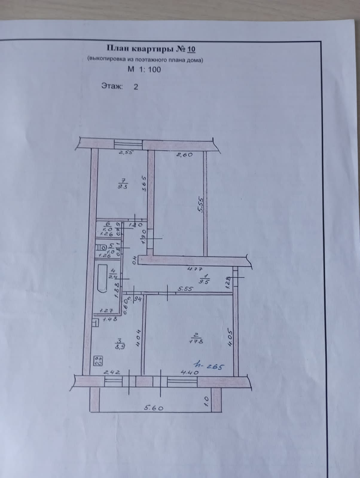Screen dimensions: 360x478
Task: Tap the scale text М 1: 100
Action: (144, 70)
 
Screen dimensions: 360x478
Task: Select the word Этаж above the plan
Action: (112, 86)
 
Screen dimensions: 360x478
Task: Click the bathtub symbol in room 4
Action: (102, 278)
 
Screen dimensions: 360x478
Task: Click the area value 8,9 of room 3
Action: (120, 347)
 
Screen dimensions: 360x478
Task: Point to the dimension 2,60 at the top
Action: (184, 155)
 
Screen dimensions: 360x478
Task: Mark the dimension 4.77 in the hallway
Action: (195, 269)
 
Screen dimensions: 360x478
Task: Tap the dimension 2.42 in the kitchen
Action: (112, 373)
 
